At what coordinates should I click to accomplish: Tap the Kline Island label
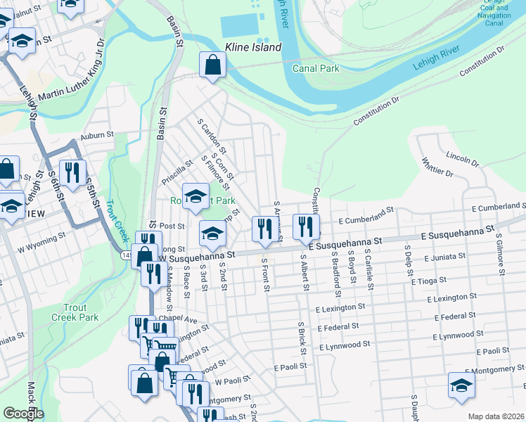pos(252,48)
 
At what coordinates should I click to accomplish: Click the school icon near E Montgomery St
pos(461,385)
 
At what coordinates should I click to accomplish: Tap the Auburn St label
pos(96,135)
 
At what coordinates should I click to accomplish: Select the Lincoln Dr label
pos(463,158)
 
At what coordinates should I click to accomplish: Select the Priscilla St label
pos(177,172)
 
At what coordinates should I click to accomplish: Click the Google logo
pos(23,414)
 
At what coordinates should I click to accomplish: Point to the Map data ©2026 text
pos(495,416)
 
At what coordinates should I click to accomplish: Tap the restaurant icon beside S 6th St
pos(73,172)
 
